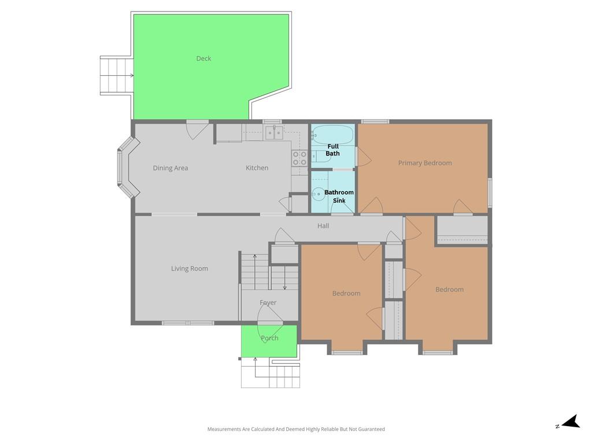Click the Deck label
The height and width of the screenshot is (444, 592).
tap(203, 58)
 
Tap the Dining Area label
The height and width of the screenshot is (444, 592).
tap(171, 168)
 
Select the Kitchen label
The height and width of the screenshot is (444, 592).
tap(257, 168)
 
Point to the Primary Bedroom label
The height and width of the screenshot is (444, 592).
tap(425, 163)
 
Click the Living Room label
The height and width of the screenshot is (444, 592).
tap(190, 268)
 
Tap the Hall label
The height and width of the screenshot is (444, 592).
tap(323, 226)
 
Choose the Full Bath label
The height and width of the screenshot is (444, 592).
tap(332, 150)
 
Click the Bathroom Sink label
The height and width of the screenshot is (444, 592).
tap(339, 197)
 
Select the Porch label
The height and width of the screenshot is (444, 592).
tap(269, 338)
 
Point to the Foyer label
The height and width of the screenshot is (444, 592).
tap(268, 302)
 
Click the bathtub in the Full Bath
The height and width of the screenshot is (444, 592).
tap(332, 135)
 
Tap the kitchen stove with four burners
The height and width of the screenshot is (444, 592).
tap(300, 158)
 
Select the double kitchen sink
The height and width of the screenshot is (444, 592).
tap(275, 132)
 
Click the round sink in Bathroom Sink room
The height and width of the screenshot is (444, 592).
tap(319, 194)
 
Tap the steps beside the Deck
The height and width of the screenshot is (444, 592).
tap(117, 75)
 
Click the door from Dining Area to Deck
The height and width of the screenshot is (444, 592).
tap(197, 129)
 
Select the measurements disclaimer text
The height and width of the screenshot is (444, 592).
tap(296, 429)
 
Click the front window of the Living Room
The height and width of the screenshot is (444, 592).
tap(188, 323)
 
